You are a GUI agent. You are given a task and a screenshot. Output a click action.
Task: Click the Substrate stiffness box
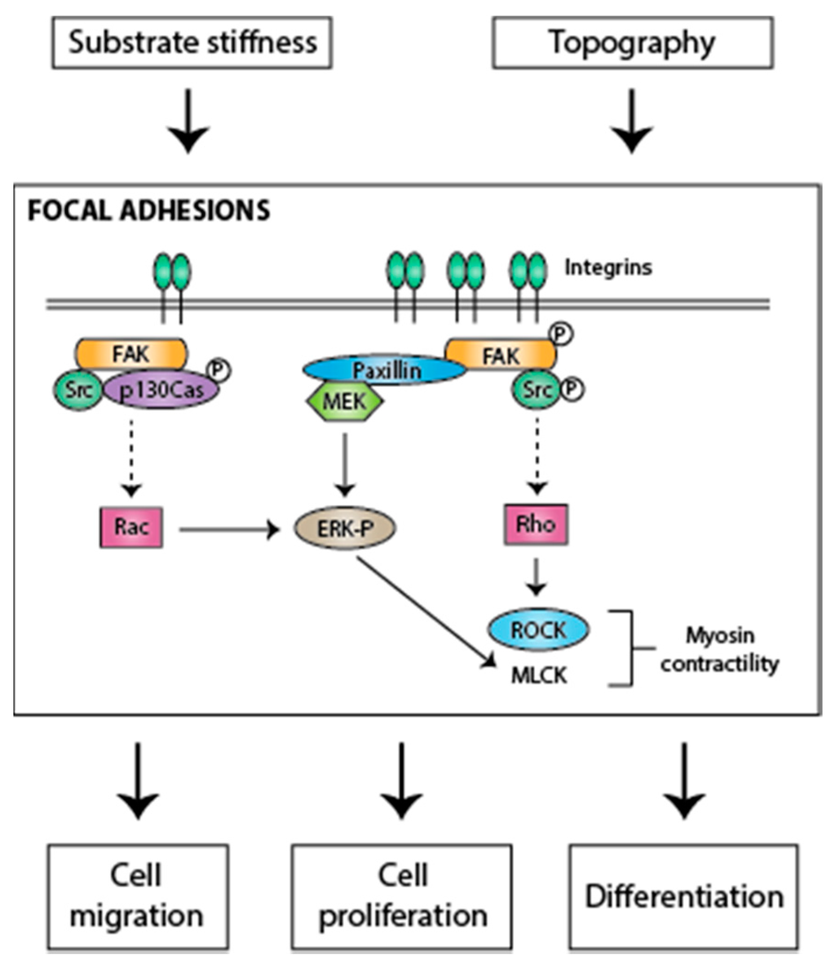[x=192, y=42]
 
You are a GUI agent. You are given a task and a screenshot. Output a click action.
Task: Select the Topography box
[x=633, y=42]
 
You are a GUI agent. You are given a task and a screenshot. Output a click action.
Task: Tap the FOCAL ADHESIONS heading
[x=148, y=210]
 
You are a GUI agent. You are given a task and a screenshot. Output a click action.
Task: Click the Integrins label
[x=608, y=268]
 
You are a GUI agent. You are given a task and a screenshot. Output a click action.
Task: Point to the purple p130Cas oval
[x=161, y=389]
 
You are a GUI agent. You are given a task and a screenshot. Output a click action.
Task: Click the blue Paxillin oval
[x=384, y=369]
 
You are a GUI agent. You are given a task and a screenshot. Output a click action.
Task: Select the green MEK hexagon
[x=344, y=401]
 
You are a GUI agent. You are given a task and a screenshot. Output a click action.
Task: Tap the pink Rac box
[x=131, y=527]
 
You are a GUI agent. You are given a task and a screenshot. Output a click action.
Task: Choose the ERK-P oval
[x=344, y=528]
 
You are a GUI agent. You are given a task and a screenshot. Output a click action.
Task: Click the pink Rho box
[x=537, y=524]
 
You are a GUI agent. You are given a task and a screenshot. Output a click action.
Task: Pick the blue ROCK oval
[x=539, y=630]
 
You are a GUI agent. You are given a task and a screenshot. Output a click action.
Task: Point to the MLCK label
[x=539, y=675]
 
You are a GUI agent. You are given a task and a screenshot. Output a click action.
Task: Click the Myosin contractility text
[x=719, y=649]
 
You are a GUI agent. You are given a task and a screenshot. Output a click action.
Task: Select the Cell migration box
[x=139, y=897]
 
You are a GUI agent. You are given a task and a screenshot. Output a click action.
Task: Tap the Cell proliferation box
[x=401, y=897]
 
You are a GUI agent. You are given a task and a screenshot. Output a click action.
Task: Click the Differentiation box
[x=684, y=897]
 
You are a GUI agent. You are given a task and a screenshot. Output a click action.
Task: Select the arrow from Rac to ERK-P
[x=229, y=528]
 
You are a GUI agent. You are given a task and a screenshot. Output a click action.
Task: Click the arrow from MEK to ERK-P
[x=345, y=465]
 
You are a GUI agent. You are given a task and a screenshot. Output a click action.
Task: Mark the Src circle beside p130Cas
[x=78, y=389]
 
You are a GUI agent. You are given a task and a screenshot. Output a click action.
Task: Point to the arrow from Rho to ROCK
[x=537, y=577]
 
